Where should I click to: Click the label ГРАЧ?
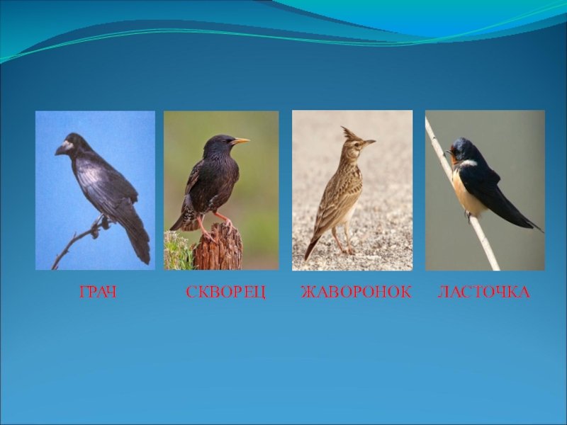pos(98,292)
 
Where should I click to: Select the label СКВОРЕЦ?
pos(226,292)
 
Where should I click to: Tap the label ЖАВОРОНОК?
pos(357,292)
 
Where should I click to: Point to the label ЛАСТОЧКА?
pos(484,292)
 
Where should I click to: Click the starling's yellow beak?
pos(240,141)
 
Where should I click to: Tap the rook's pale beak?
pos(63,148)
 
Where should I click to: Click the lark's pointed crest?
pos(349,135)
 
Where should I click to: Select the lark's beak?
pos(369,142)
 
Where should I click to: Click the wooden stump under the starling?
pos(219,247)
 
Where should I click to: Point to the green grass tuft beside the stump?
pos(179,251)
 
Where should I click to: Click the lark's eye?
pos(358,144)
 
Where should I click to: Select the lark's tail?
pos(312,249)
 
